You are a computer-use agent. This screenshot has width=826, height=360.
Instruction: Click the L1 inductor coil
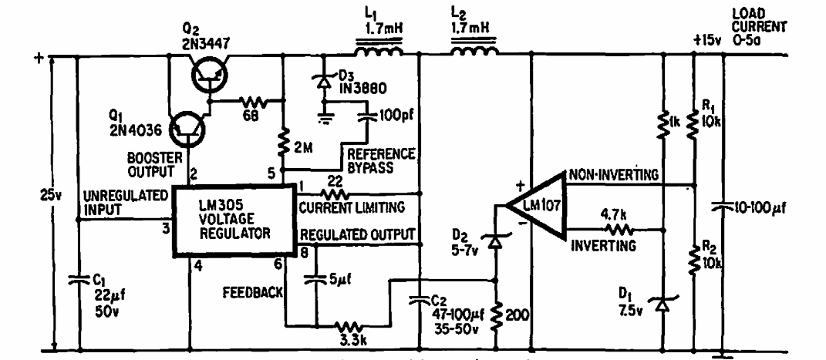(x=379, y=53)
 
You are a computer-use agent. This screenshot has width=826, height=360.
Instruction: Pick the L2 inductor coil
(x=473, y=53)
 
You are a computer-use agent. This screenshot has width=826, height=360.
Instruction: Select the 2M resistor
(x=283, y=141)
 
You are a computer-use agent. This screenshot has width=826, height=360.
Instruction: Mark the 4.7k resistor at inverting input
(x=615, y=229)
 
